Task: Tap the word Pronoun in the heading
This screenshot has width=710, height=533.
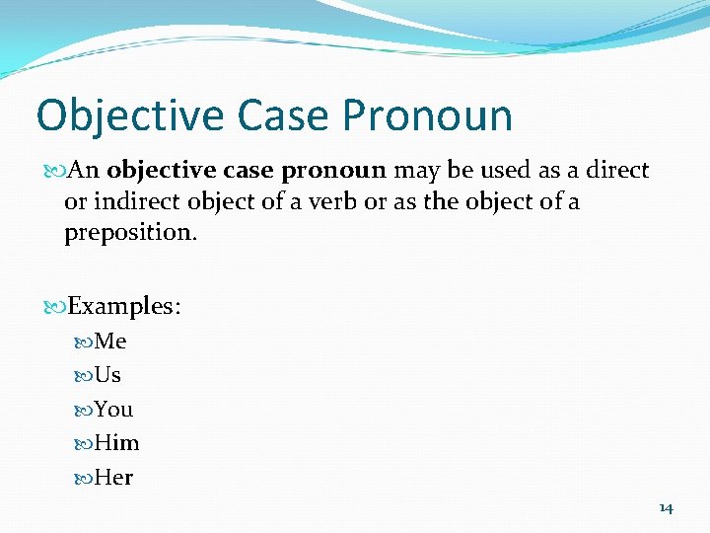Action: pos(428,115)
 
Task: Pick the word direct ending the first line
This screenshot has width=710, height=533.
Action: pos(617,170)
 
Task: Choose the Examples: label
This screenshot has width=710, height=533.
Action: pos(124,306)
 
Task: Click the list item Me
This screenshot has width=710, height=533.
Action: pos(110,342)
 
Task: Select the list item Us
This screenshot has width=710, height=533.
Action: pos(107,375)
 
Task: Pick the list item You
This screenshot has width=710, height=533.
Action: pos(113,409)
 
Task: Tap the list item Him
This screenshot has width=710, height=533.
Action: pos(116,443)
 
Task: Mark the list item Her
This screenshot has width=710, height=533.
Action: pos(113,477)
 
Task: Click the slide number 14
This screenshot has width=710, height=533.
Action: pos(666,507)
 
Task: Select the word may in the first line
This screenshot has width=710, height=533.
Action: pos(417,171)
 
